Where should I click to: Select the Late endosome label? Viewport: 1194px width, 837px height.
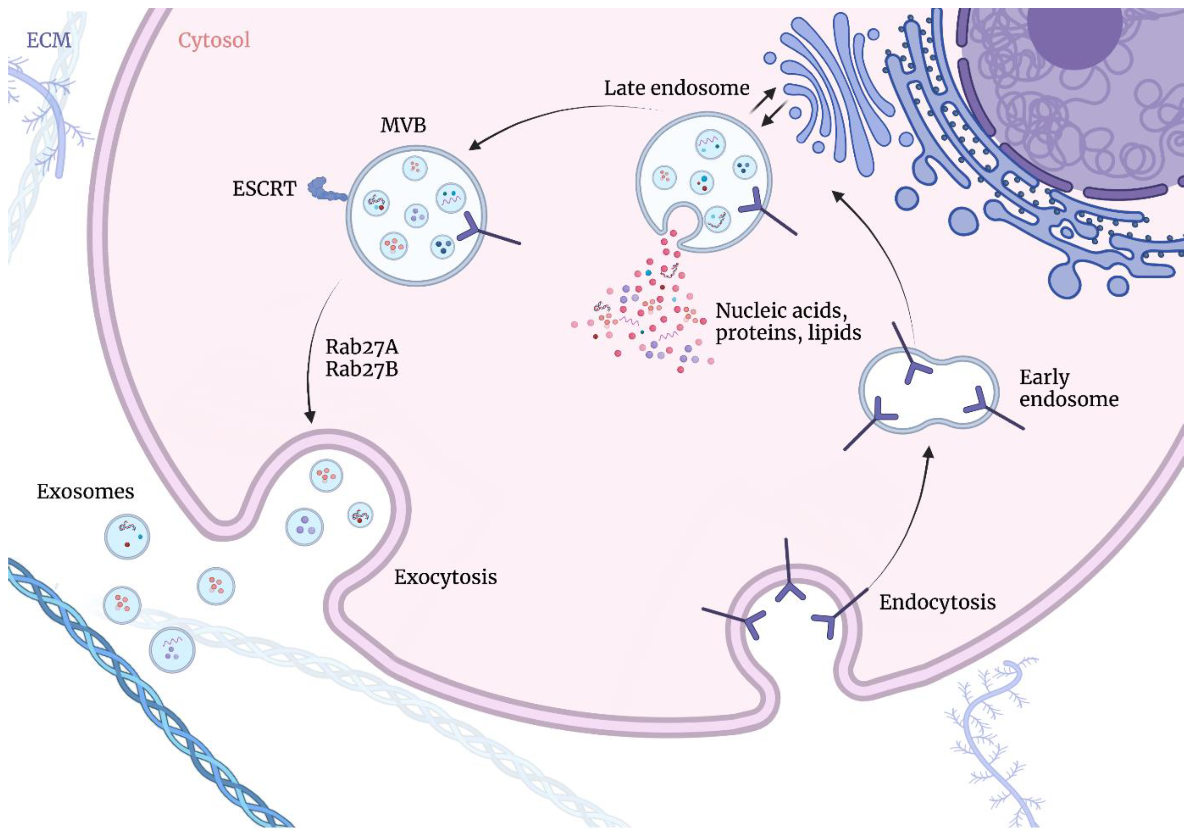click(x=676, y=88)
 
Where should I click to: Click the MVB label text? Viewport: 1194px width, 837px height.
click(x=403, y=125)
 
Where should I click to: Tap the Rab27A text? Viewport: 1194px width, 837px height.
click(x=361, y=346)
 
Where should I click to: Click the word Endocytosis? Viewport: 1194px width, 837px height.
click(x=937, y=602)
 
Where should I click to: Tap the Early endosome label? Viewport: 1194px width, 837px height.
click(x=1068, y=388)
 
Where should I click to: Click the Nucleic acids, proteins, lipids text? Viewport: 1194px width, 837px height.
click(x=788, y=321)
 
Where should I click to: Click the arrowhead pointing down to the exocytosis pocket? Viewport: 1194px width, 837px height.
click(x=310, y=417)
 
